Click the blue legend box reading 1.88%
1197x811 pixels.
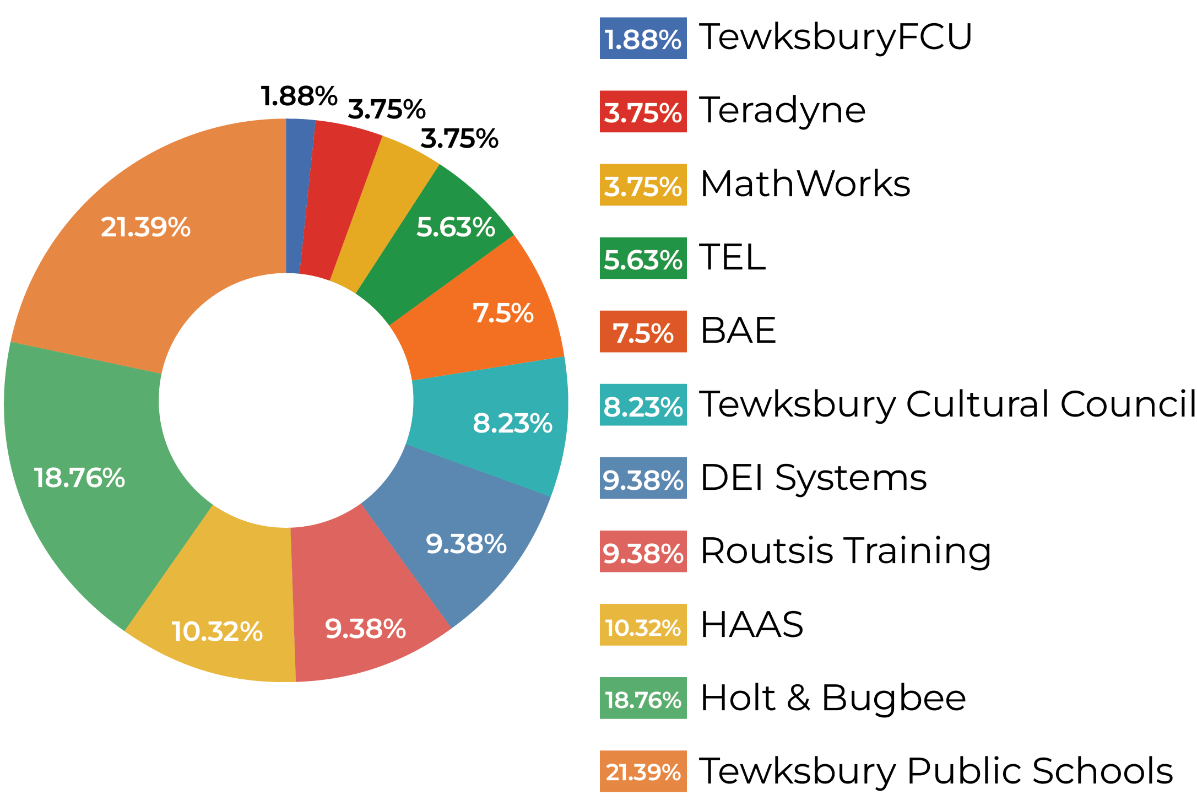pos(643,38)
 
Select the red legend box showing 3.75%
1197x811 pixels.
pos(643,111)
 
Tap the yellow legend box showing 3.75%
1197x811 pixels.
pos(643,185)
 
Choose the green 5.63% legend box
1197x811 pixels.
pos(643,258)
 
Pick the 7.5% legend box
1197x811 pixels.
pos(643,332)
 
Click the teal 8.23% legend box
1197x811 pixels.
pos(643,405)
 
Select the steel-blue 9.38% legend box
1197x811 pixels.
pos(643,478)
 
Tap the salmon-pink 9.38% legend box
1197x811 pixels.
pos(643,552)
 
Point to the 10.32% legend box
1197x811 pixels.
pos(643,625)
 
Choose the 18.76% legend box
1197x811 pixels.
pos(643,698)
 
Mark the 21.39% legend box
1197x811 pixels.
pos(643,771)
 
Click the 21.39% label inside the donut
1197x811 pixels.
pos(145,227)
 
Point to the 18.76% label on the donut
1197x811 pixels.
pos(79,477)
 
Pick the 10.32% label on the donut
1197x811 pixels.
pos(217,631)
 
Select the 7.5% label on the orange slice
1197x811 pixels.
pos(503,313)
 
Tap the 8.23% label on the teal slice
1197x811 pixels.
pos(512,423)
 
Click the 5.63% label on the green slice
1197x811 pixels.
pos(456,227)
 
